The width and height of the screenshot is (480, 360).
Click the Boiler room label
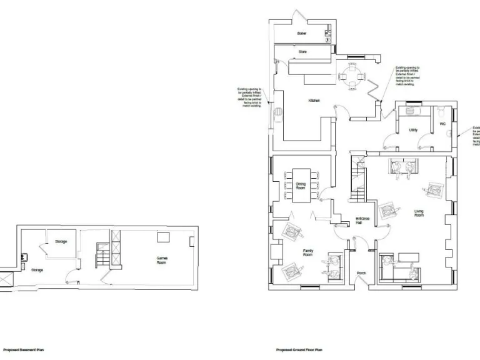pos(302,33)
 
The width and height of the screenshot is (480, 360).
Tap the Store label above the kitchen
pos(302,52)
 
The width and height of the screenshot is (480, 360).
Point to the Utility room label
pos(413,130)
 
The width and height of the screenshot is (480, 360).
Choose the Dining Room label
pos(301,186)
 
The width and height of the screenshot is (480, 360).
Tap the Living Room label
pos(419,213)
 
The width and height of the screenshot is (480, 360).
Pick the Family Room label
pos(307,254)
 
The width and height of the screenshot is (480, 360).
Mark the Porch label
pos(361,273)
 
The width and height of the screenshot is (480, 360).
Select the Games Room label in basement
pos(161,259)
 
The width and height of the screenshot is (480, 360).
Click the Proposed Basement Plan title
pos(24,350)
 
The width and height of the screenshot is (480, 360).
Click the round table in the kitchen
pos(346,77)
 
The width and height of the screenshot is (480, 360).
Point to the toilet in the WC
pos(442,113)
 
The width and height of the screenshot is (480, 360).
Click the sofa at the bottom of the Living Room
pos(399,266)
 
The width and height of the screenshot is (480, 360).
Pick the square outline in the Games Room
pos(164,236)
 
